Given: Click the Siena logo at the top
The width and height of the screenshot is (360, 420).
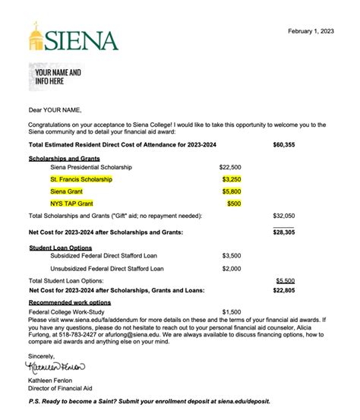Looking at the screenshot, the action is point(74,38).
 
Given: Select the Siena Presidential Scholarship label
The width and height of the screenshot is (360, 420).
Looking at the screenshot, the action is point(91,166).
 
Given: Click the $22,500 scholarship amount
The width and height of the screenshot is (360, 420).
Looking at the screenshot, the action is point(230,166).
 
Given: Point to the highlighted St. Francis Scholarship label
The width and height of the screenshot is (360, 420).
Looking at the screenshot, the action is point(81,179).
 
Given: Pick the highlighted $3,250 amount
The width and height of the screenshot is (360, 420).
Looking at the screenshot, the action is point(232,179).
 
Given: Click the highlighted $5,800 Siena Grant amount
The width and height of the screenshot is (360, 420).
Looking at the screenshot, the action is point(232,192).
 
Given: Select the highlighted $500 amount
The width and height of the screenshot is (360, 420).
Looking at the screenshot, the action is point(234,204).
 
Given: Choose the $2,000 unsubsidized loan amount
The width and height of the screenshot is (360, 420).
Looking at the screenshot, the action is point(232,269).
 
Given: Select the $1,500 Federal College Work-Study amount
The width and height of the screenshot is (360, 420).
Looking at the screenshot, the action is point(232,311).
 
